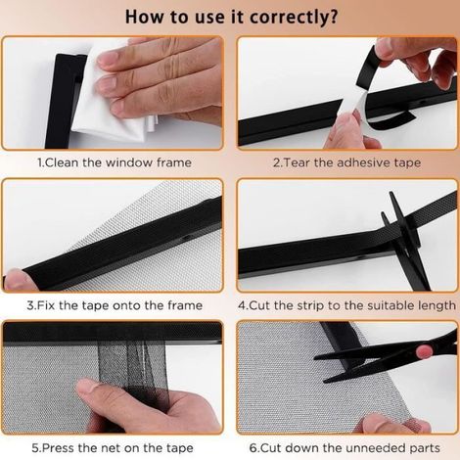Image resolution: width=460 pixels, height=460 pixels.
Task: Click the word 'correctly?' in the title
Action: [x=293, y=17]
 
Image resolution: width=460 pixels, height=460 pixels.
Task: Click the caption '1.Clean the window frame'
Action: [x=115, y=162]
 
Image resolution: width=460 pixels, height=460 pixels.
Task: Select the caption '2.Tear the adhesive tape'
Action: [x=346, y=162]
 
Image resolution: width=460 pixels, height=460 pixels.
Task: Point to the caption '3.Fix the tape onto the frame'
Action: [x=115, y=305]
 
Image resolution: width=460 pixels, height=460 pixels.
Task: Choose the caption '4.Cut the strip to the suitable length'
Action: [x=347, y=305]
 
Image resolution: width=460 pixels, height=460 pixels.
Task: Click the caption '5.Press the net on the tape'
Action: [x=113, y=448]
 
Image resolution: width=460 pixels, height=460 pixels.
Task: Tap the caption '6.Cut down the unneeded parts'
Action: [x=345, y=448]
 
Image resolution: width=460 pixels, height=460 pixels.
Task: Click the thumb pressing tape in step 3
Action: [x=18, y=281]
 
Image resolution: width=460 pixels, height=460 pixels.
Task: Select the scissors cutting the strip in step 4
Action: [x=406, y=242]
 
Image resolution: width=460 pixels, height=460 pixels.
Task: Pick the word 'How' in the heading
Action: [x=144, y=17]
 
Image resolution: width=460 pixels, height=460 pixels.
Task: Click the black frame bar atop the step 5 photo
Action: [x=113, y=333]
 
